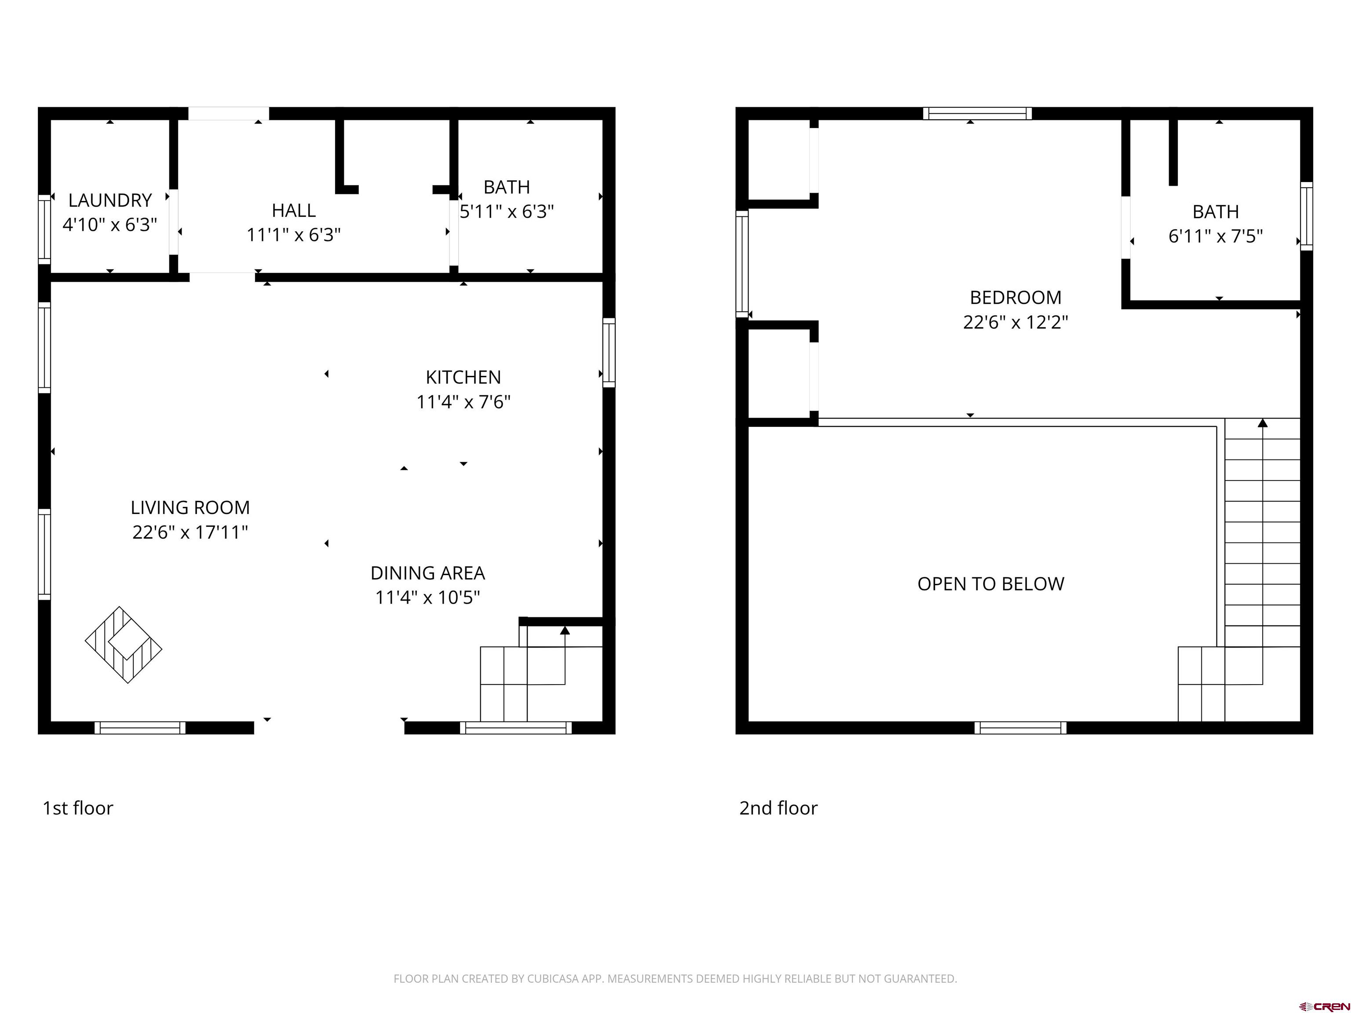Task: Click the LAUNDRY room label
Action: click(x=110, y=200)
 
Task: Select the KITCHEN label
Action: click(x=464, y=377)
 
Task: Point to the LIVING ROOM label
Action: click(x=190, y=507)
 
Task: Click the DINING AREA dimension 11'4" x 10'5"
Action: click(x=427, y=597)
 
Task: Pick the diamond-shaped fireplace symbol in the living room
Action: click(x=124, y=645)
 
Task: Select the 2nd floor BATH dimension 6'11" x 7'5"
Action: click(x=1216, y=236)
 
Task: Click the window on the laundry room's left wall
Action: click(x=44, y=230)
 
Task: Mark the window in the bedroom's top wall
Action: click(x=977, y=113)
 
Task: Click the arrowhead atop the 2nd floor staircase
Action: click(x=1263, y=423)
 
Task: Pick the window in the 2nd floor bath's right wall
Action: click(x=1307, y=216)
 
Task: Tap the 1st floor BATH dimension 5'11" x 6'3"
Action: click(x=507, y=212)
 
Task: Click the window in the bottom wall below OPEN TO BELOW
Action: click(x=1021, y=728)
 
